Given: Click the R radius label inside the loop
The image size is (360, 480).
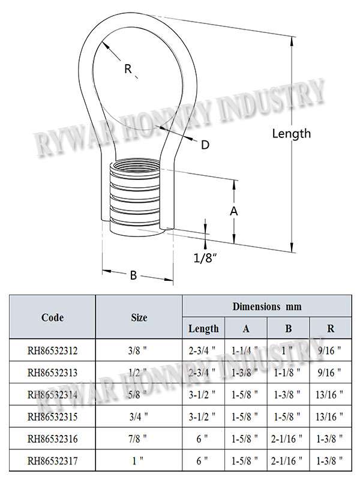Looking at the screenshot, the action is pyautogui.click(x=128, y=68).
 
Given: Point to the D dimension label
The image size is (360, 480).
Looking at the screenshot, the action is pyautogui.click(x=205, y=145).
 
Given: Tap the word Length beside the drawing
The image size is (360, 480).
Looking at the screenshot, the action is pyautogui.click(x=292, y=134).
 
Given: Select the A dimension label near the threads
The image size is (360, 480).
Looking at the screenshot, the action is pyautogui.click(x=233, y=211).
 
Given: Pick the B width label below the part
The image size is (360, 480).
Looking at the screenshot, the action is pyautogui.click(x=133, y=275).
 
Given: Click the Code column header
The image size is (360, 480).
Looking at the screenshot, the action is pyautogui.click(x=52, y=317).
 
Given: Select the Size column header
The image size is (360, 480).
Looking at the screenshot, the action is pyautogui.click(x=139, y=317).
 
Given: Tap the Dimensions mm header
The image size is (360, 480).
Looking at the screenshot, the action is pyautogui.click(x=267, y=307).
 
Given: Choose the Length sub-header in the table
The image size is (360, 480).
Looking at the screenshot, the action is pyautogui.click(x=203, y=328).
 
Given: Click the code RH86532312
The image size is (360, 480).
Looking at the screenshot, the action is pyautogui.click(x=52, y=350).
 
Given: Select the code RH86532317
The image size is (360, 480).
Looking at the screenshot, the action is pyautogui.click(x=52, y=460).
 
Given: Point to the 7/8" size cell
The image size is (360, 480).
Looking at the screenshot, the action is pyautogui.click(x=137, y=439).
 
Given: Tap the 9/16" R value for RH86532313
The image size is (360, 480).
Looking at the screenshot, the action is pyautogui.click(x=329, y=372).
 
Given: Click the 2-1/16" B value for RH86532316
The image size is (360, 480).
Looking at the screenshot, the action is pyautogui.click(x=287, y=439).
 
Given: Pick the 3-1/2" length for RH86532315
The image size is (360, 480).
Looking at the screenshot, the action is pyautogui.click(x=202, y=416).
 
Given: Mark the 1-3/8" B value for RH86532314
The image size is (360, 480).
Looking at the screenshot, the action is pyautogui.click(x=287, y=394).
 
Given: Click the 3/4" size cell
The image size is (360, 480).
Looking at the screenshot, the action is pyautogui.click(x=138, y=416).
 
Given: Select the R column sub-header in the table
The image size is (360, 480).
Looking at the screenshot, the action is pyautogui.click(x=331, y=328).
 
